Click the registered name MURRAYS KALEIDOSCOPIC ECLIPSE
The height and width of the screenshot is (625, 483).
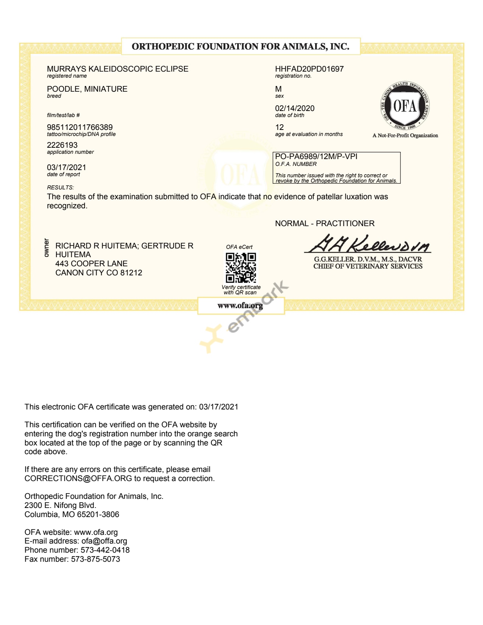(x=117, y=69)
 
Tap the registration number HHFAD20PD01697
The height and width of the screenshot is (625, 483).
(x=309, y=69)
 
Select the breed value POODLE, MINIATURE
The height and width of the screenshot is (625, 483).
(x=87, y=89)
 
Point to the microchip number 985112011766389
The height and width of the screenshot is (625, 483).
(x=80, y=127)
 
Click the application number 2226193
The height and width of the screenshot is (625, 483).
(x=62, y=145)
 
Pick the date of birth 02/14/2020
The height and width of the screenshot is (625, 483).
(x=295, y=108)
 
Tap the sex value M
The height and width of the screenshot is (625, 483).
(x=278, y=89)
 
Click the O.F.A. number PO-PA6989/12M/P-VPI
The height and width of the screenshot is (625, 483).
(x=316, y=156)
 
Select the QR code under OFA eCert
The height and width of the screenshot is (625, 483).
(x=241, y=268)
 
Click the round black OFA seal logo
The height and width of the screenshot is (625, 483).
(x=405, y=106)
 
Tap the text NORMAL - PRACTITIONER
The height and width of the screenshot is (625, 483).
(x=325, y=223)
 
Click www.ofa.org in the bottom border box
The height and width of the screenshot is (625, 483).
(x=240, y=306)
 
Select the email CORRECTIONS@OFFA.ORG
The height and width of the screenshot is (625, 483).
(x=78, y=478)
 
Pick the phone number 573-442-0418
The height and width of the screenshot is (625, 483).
(x=105, y=550)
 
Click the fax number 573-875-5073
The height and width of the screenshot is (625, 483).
(x=95, y=559)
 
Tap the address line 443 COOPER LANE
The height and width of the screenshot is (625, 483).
(x=91, y=264)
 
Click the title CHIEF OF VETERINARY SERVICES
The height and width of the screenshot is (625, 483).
(x=367, y=266)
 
